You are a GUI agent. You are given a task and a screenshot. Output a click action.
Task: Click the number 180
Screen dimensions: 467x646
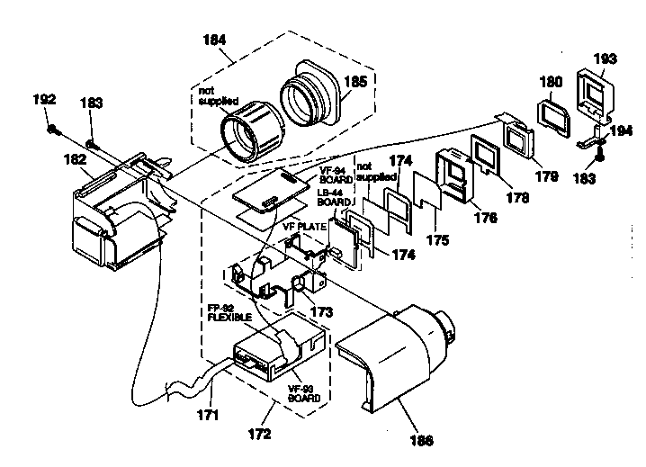tap(550, 82)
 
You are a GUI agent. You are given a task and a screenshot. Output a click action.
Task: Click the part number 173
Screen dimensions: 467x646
tap(321, 311)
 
